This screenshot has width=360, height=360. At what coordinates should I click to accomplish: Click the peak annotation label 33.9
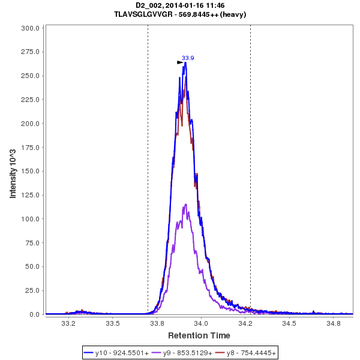[188, 58]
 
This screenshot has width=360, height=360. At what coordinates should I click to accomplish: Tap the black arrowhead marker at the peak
[180, 62]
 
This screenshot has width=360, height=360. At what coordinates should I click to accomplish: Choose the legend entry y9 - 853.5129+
[181, 352]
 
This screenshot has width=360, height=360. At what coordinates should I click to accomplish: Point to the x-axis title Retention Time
[199, 335]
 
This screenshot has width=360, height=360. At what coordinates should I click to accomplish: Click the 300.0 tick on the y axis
[31, 28]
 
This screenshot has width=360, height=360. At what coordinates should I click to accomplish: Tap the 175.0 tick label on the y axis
[31, 148]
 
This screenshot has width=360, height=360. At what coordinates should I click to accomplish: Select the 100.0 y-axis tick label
[31, 219]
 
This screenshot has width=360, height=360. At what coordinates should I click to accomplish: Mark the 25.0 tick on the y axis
[32, 290]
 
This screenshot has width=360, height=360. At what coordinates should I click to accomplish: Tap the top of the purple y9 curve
[186, 205]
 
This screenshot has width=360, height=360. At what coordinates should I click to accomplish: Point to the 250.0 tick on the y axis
[31, 76]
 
